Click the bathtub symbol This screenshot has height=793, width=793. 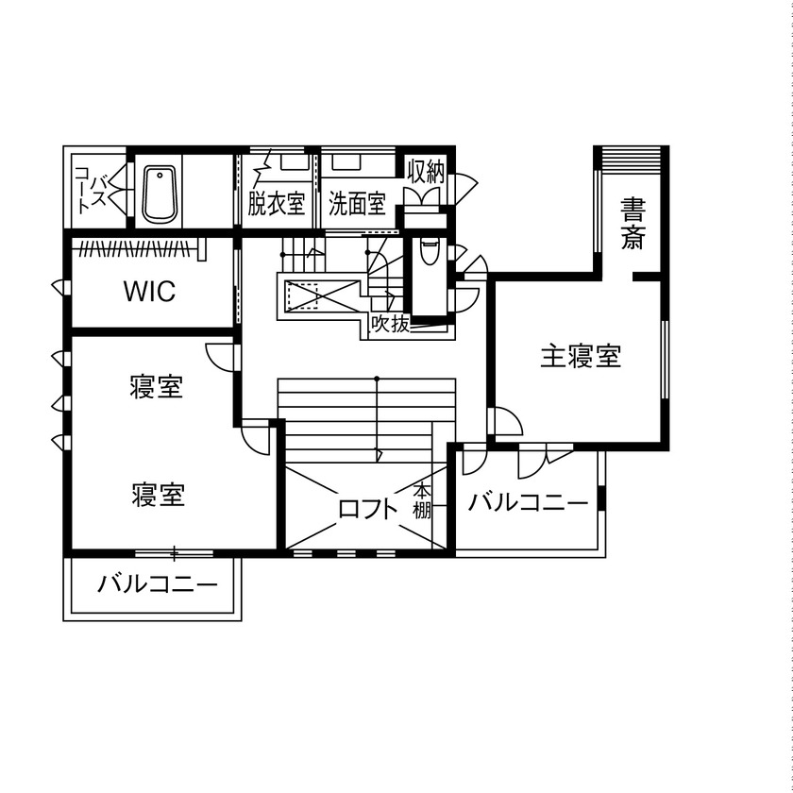[160, 194]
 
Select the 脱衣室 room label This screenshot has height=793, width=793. [277, 203]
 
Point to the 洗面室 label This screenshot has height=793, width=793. [358, 203]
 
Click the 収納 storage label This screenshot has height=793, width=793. [426, 171]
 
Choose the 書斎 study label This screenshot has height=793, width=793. [633, 223]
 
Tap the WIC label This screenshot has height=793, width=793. [149, 291]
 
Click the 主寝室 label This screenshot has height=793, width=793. [581, 357]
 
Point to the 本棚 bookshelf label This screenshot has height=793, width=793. [422, 501]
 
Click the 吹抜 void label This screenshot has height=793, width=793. [390, 325]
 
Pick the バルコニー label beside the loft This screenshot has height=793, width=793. [528, 502]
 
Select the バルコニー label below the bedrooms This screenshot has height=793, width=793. [158, 585]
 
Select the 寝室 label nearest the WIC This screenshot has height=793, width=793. [157, 386]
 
